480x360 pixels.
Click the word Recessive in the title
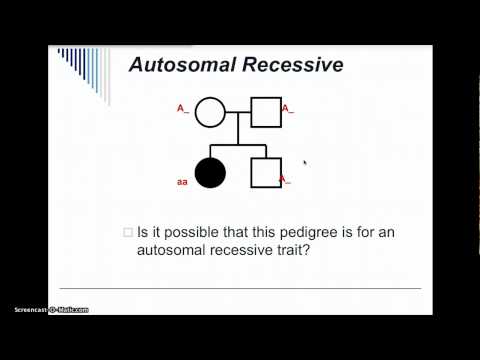tap(294, 66)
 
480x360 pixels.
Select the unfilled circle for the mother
tap(210, 112)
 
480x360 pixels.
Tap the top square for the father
tap(264, 112)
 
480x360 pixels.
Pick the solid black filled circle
tap(210, 173)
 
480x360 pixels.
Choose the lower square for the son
tap(264, 173)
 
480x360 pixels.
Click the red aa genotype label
tap(183, 182)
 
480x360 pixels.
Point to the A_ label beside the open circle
tap(183, 108)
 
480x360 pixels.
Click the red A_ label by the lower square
tap(285, 180)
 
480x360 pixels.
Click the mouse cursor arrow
tap(304, 161)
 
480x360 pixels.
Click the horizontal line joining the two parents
tap(237, 112)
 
